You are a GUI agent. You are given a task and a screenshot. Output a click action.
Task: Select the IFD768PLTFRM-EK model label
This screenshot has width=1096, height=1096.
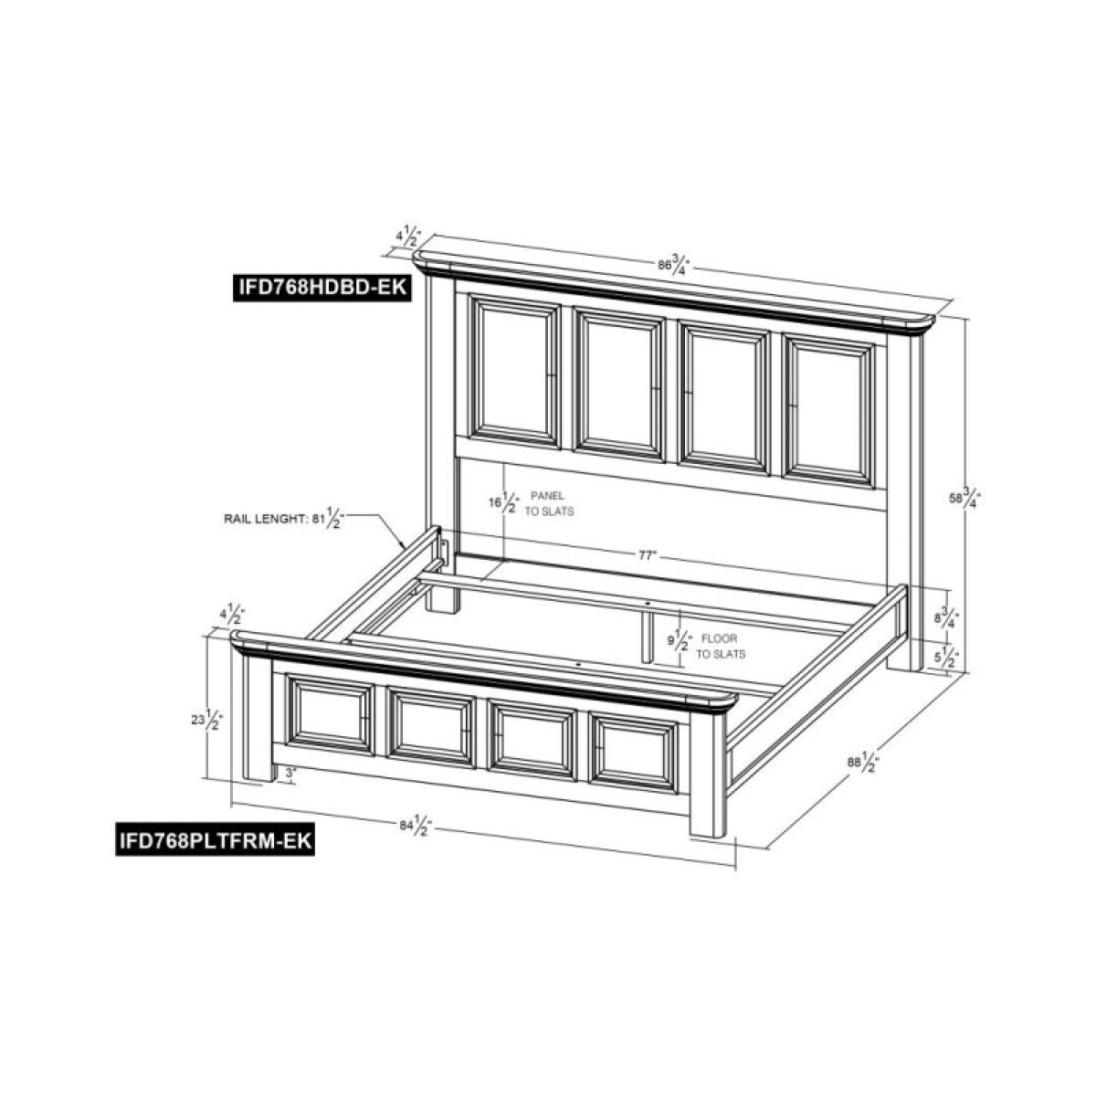pyautogui.click(x=216, y=839)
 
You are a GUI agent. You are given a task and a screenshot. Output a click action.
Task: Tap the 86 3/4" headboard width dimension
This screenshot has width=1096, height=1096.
pyautogui.click(x=672, y=266)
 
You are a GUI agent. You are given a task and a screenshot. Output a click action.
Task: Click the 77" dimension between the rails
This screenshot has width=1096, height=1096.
pyautogui.click(x=648, y=555)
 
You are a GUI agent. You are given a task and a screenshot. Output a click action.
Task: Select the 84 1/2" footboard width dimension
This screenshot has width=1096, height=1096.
pyautogui.click(x=416, y=827)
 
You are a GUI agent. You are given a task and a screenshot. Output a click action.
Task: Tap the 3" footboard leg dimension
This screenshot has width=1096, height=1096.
pyautogui.click(x=290, y=774)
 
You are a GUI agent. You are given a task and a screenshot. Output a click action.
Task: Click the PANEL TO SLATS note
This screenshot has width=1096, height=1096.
pyautogui.click(x=549, y=503)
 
